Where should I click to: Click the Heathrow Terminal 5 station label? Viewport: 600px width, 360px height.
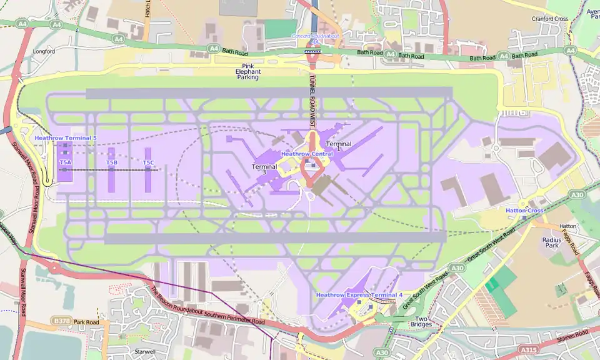coord(66,137)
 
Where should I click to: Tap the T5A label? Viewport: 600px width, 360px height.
coord(65,162)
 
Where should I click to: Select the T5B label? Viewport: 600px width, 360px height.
coord(111,162)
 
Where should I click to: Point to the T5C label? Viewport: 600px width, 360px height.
coord(148,162)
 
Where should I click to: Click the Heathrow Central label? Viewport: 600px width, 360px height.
coord(307,153)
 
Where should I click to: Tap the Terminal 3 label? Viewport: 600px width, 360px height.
coord(264,169)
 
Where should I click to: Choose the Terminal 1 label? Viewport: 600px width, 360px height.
coord(338,147)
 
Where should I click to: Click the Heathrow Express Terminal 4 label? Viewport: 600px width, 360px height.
coord(359,294)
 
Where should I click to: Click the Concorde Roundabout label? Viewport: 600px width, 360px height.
coord(315,36)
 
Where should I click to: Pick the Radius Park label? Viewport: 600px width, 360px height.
coord(551,242)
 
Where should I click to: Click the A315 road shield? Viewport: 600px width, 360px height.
coord(530,351)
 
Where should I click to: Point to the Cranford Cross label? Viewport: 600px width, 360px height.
coord(550,19)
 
